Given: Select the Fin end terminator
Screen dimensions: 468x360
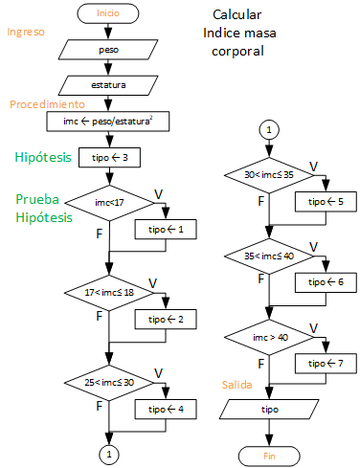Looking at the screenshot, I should click(270, 456).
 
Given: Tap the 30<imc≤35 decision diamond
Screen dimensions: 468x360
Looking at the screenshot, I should click(270, 175).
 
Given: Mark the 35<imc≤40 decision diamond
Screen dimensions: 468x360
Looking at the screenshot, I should click(270, 256).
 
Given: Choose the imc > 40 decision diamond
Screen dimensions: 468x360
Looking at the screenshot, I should click(270, 337).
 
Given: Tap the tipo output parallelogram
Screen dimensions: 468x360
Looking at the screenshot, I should click(270, 409).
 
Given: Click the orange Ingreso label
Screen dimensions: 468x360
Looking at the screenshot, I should click(26, 32).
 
